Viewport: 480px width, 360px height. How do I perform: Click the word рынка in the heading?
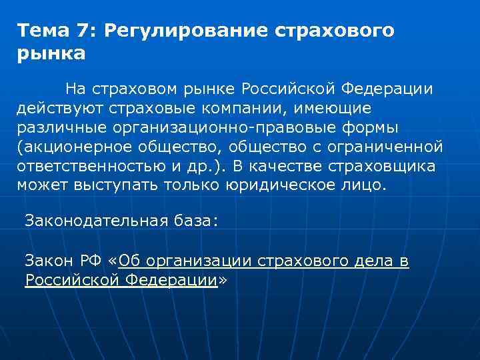51,53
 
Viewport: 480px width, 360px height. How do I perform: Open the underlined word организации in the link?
198,261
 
